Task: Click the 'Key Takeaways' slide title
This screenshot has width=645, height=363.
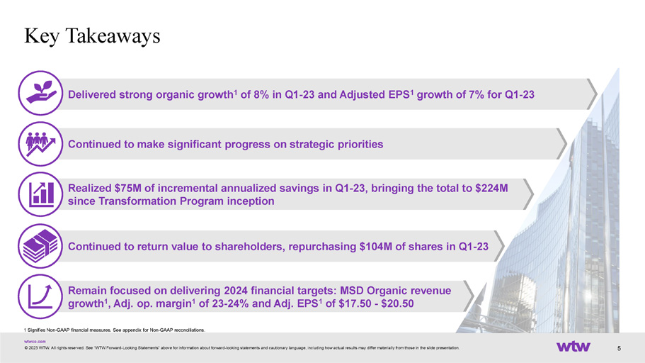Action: (x=92, y=36)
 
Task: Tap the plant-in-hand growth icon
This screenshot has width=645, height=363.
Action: (x=40, y=93)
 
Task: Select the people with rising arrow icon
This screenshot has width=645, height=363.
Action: (x=40, y=144)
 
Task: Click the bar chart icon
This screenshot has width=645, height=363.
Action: (x=40, y=194)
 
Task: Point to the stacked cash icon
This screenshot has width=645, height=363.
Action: (x=40, y=246)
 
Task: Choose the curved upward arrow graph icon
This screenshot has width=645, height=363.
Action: (x=40, y=296)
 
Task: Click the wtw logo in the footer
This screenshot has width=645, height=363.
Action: (x=573, y=346)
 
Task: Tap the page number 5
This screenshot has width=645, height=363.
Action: (x=619, y=349)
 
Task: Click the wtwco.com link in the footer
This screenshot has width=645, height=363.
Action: (x=35, y=342)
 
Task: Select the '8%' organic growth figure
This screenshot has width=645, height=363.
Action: (x=261, y=95)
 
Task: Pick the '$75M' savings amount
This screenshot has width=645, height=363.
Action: (x=128, y=189)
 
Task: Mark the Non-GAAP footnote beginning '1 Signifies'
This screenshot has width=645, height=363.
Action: (x=115, y=330)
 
